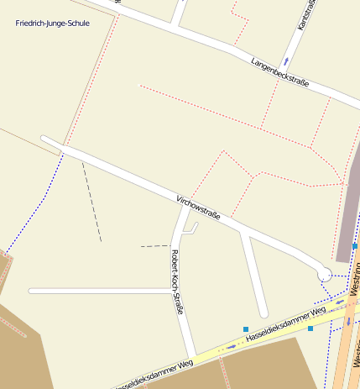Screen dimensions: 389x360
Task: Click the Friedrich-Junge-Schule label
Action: [52, 23]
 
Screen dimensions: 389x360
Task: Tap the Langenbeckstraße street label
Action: [279, 72]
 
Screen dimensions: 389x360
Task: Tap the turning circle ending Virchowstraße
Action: [323, 272]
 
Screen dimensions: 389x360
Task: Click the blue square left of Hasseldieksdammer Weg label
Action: [245, 329]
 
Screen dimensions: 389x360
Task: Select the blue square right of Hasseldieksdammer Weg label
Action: [310, 329]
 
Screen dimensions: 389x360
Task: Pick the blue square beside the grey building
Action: [355, 246]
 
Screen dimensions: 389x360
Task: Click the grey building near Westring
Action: [347, 210]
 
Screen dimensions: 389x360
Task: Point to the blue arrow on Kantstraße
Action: [285, 60]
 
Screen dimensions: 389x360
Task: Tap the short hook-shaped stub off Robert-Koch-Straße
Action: [192, 228]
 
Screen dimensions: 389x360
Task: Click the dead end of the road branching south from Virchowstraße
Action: [263, 314]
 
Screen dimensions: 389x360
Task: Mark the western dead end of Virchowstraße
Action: [44, 139]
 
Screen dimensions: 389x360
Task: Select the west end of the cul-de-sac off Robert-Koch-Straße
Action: [32, 291]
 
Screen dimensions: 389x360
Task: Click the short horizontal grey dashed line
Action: [154, 245]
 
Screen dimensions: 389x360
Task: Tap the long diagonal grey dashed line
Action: [91, 202]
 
